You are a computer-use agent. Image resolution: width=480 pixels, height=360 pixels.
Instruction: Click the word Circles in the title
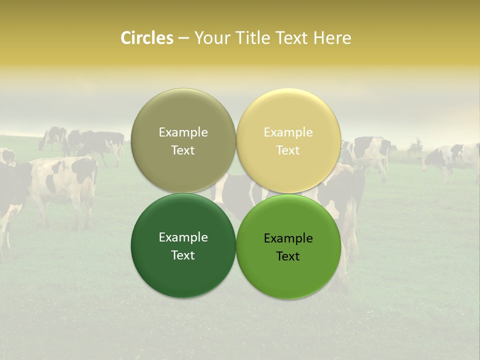point(147,38)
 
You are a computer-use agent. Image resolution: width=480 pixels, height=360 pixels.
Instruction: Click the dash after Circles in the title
point(183,38)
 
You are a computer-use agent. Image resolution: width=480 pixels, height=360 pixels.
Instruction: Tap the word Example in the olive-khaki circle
point(183,132)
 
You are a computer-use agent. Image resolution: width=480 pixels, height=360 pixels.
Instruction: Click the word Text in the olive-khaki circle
point(183,150)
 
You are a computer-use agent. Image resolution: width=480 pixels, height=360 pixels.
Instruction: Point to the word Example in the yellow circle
point(288,132)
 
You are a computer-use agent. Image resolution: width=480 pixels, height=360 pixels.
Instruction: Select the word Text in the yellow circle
point(288,150)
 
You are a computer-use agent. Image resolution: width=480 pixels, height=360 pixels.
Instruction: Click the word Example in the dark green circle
point(183,237)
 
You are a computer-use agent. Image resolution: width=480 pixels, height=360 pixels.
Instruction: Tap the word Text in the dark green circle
point(183,255)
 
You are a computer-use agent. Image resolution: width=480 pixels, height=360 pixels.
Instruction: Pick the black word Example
point(288,238)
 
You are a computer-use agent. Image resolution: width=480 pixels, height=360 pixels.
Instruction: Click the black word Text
point(288,256)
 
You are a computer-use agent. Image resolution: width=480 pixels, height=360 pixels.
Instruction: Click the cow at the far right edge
point(452,157)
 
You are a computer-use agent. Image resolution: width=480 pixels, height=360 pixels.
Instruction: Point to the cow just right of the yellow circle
point(367,152)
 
